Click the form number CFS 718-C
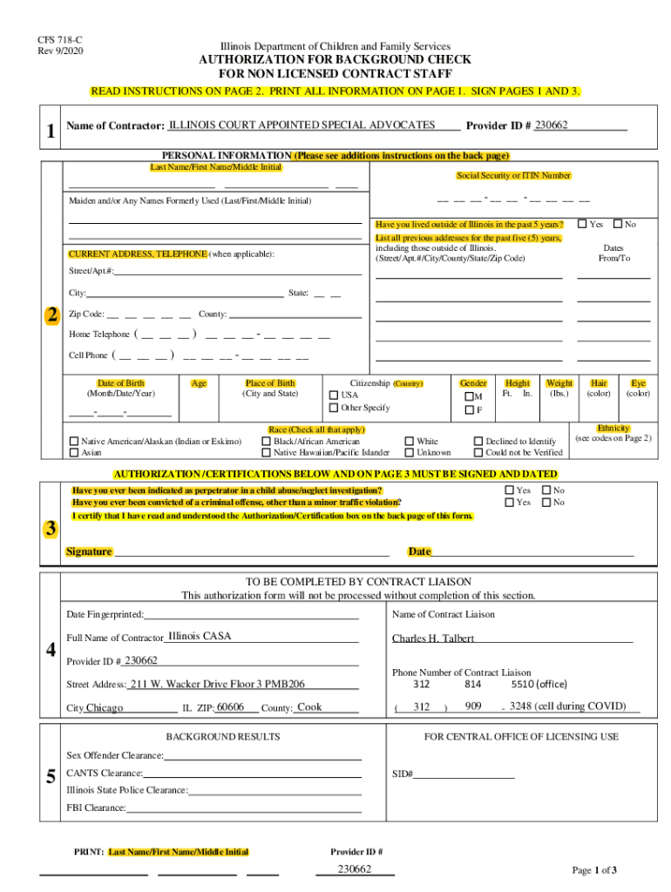[x=53, y=39]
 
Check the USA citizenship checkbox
[x=334, y=395]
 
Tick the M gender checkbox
[x=468, y=396]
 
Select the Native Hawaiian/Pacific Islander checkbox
[x=267, y=452]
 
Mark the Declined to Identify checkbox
[x=478, y=442]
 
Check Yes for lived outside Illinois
[x=583, y=224]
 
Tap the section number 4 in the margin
[x=51, y=650]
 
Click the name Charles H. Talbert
[x=433, y=639]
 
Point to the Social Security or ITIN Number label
[x=513, y=175]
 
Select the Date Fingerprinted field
[x=252, y=615]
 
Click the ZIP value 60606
[x=230, y=707]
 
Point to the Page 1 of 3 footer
[x=594, y=870]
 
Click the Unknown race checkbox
[x=410, y=452]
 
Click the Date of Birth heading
[x=121, y=383]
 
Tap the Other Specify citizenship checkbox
[x=334, y=408]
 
